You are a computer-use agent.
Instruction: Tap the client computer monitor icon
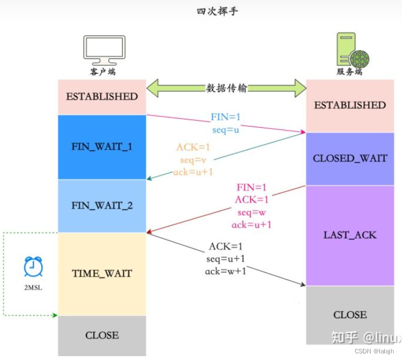click(104, 50)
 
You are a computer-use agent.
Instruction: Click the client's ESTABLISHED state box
click(102, 96)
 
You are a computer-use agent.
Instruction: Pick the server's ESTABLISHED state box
click(350, 105)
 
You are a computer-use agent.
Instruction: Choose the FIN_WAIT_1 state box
click(102, 147)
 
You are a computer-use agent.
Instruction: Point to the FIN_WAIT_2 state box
click(102, 206)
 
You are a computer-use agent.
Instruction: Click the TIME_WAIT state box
click(102, 274)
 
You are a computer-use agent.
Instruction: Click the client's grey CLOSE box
click(102, 335)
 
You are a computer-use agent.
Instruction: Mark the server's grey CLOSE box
click(350, 315)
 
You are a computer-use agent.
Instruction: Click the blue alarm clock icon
click(33, 267)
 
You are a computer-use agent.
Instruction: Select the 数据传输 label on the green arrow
click(225, 88)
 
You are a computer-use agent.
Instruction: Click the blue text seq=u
click(226, 130)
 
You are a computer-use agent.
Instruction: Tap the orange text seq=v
click(193, 160)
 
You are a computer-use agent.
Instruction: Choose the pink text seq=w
click(252, 212)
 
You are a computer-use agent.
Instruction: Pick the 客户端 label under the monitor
click(103, 72)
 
